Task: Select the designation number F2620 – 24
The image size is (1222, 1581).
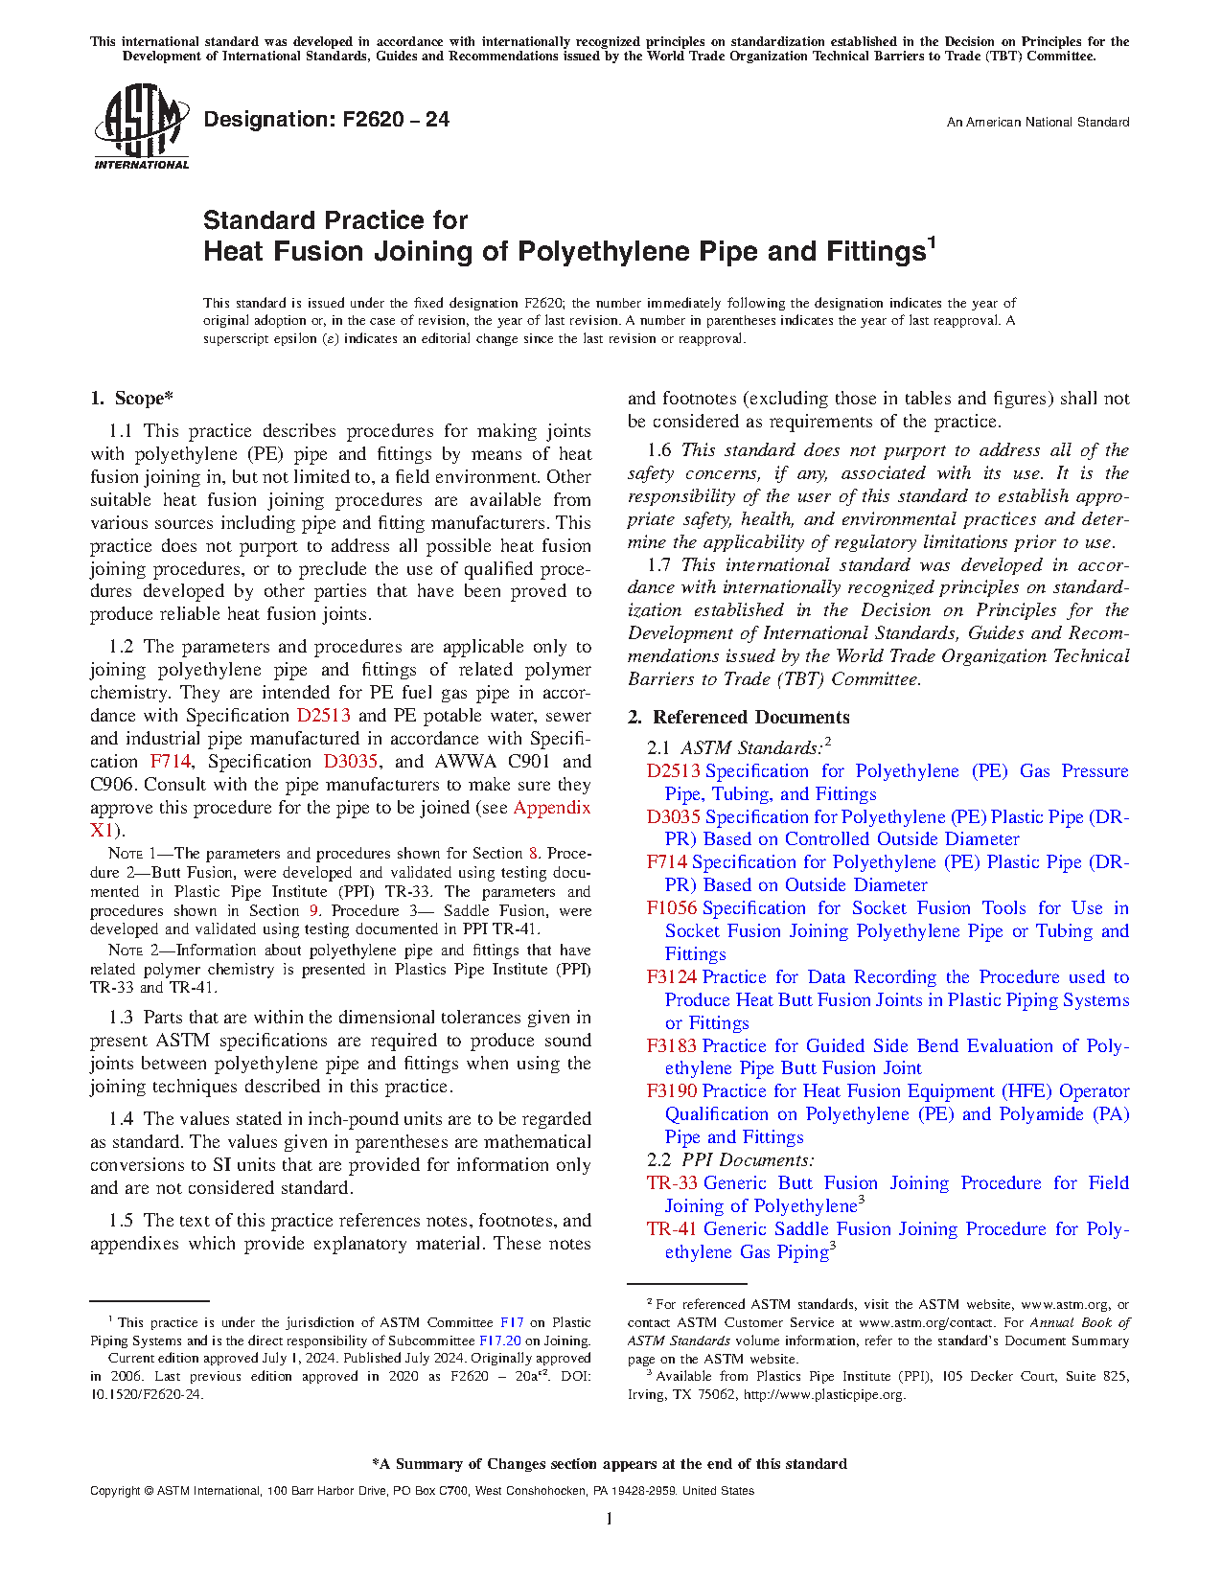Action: [326, 120]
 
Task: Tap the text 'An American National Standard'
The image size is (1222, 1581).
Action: [1037, 123]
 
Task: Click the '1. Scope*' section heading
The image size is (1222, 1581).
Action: [132, 399]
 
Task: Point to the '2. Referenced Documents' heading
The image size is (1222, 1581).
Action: [738, 718]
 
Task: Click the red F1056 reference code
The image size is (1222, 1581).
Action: [671, 908]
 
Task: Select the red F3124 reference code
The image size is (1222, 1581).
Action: [671, 977]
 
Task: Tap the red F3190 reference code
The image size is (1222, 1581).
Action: [671, 1091]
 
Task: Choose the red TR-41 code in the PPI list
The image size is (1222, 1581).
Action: [671, 1229]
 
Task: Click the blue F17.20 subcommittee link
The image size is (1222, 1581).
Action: [499, 1341]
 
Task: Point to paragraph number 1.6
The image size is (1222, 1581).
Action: [659, 450]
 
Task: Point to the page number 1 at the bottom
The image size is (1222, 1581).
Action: [610, 1519]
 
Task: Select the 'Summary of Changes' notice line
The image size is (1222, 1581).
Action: [610, 1464]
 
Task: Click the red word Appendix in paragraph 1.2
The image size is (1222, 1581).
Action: [552, 808]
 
